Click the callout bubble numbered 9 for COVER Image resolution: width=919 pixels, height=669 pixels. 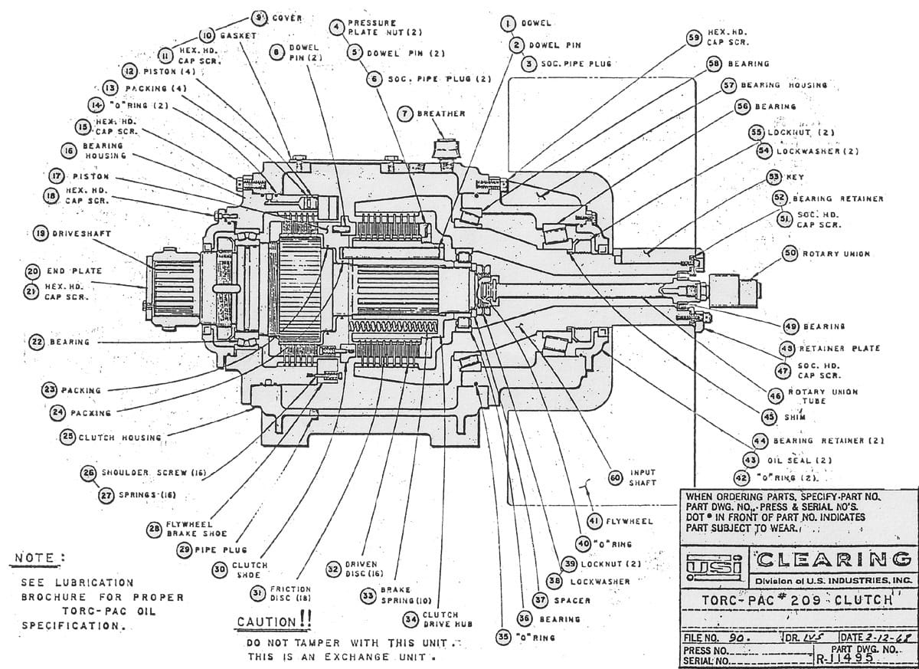coord(260,17)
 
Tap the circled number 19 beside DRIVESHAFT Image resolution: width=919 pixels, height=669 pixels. coord(38,234)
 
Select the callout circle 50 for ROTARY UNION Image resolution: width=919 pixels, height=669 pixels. coord(790,254)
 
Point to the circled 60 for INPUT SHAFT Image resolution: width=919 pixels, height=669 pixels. coord(615,477)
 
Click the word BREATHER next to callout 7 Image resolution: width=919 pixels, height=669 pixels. coord(441,113)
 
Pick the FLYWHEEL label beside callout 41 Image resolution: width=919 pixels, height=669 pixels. coord(630,521)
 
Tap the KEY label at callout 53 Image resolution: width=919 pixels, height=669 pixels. coord(795,177)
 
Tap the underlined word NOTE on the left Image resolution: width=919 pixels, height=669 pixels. coord(35,557)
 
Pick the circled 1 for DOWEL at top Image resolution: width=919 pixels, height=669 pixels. coord(507,24)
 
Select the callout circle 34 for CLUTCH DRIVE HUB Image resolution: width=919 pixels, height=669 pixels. coord(411,618)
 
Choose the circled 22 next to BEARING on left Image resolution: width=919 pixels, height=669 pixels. coord(37,342)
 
